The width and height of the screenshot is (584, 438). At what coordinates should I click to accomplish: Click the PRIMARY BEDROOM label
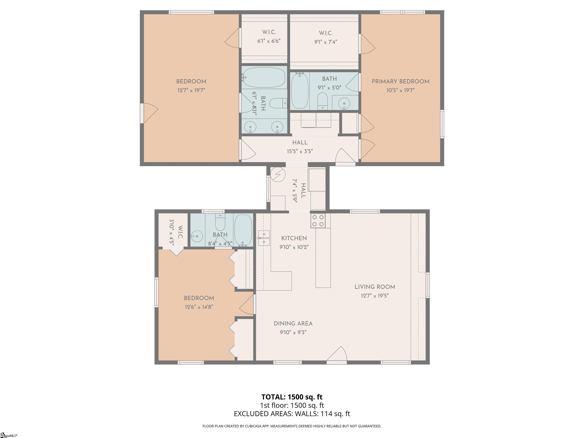pos(401,82)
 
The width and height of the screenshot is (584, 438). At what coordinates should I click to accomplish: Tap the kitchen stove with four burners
pos(318,221)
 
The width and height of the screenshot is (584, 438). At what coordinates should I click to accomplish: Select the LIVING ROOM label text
pos(375,287)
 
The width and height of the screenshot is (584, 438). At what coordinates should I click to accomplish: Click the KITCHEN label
pos(294,238)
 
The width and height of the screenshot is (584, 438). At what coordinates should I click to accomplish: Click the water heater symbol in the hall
pos(278,175)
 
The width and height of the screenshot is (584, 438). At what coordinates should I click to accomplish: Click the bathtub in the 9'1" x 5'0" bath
pos(300,91)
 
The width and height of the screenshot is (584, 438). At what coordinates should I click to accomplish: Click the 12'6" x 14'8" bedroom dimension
pos(199,307)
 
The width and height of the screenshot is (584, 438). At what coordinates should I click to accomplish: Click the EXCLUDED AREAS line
pos(292,414)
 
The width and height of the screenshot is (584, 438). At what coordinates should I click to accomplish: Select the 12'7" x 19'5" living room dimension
pos(375,296)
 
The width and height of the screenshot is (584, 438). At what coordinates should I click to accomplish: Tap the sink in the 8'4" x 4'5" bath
pos(197,236)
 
